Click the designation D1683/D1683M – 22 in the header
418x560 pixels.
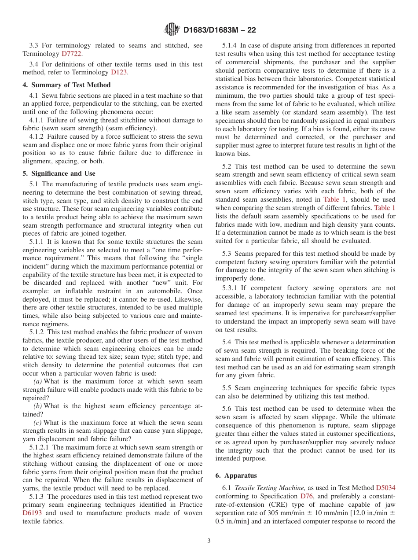pyautogui.click(x=219, y=30)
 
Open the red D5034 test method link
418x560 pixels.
pyautogui.click(x=385, y=488)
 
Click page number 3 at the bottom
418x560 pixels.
pyautogui.click(x=209, y=541)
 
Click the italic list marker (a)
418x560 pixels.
pyautogui.click(x=38, y=381)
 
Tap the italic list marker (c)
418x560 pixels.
pyautogui.click(x=38, y=423)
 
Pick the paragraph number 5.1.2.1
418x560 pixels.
pyautogui.click(x=40, y=447)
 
